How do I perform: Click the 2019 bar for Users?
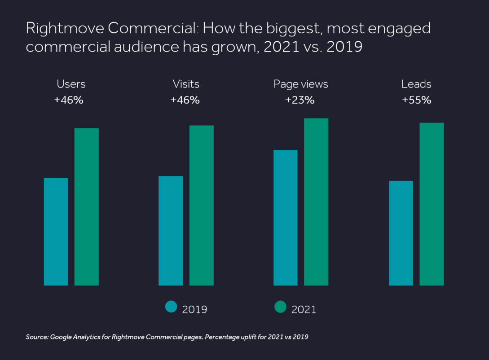[x=56, y=232]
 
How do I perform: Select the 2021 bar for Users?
[x=86, y=206]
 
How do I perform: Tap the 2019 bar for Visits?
[x=171, y=230]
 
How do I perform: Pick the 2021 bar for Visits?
[x=201, y=205]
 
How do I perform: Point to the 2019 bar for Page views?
[x=286, y=218]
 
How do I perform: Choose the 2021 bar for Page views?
[x=316, y=202]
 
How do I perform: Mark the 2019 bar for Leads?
[x=401, y=233]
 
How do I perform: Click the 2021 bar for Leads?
[x=432, y=204]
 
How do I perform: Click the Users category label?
[x=71, y=84]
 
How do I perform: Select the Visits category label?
[x=186, y=84]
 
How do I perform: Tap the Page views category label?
[x=301, y=84]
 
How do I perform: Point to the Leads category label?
[x=416, y=84]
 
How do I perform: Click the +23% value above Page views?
[x=300, y=100]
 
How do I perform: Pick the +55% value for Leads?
[x=416, y=100]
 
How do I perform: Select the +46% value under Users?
[x=69, y=100]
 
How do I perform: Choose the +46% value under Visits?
[x=185, y=100]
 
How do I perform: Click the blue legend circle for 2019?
[x=171, y=307]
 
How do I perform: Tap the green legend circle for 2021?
[x=280, y=307]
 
